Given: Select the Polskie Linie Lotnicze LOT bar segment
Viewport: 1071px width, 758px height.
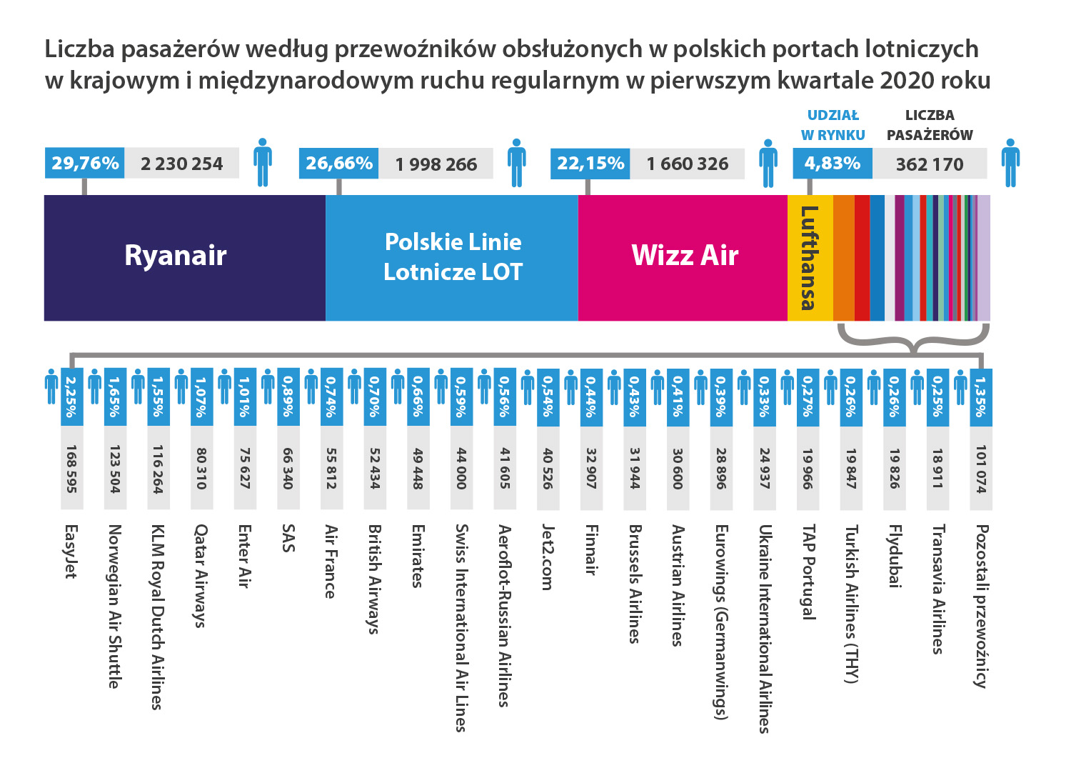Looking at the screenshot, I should coord(452,257).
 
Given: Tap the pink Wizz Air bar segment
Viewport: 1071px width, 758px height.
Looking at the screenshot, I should coord(683,257).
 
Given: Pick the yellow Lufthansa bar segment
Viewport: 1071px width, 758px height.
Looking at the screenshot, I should coord(810,257).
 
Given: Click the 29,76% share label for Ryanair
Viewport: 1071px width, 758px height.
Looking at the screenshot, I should coord(85,164).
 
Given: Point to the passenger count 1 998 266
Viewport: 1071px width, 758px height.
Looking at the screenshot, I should coord(436,164).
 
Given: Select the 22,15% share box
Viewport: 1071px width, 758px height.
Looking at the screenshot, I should coord(590,164).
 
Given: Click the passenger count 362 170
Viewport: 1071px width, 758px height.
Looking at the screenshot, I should coord(929,164).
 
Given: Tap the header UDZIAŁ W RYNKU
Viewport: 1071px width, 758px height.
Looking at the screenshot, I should coord(833,125).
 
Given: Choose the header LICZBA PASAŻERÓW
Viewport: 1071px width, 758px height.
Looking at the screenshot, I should coord(930,125).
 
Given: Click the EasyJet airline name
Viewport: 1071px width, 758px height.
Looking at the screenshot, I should coord(71,551).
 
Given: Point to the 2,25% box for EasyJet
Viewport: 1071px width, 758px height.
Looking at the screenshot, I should coord(71,397).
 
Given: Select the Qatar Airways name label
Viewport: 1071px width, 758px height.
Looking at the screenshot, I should coord(201,576).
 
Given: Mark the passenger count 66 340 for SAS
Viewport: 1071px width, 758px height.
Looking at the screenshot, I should coord(288,469).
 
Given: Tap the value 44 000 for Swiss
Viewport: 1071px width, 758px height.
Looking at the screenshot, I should coord(461,469).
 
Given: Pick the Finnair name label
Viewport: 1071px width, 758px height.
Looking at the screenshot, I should coord(591,549).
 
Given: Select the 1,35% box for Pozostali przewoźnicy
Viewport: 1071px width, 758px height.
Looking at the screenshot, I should coord(981,397).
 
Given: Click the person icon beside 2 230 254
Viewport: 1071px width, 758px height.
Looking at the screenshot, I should coord(263,162).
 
